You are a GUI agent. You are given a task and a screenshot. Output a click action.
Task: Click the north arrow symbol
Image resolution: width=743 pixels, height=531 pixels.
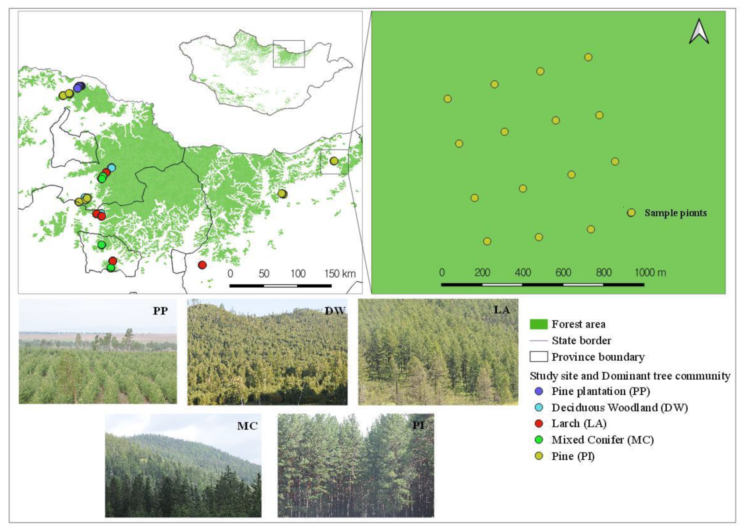[x=699, y=32]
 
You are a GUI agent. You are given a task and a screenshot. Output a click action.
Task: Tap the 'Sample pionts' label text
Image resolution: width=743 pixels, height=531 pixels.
[x=675, y=213]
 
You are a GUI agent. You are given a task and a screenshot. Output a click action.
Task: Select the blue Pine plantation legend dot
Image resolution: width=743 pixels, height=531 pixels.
[x=539, y=391]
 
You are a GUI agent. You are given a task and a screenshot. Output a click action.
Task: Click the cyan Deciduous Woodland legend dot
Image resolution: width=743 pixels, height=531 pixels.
[x=539, y=407]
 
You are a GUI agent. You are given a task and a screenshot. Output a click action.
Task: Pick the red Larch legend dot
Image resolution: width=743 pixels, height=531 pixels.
[x=539, y=423]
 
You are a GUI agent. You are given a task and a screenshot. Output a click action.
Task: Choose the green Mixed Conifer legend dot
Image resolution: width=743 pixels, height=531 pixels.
[x=539, y=440]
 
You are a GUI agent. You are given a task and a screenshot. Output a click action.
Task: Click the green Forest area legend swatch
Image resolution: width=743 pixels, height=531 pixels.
[x=539, y=324]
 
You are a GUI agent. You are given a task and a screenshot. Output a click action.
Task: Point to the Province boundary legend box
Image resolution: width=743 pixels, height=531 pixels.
[x=539, y=357]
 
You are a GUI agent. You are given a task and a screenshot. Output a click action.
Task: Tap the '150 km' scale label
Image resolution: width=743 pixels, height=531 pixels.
[x=340, y=274]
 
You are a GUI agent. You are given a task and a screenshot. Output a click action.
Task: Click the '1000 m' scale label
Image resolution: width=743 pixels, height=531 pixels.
[x=650, y=272]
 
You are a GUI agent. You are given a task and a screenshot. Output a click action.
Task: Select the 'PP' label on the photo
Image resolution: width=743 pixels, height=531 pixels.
[x=160, y=311]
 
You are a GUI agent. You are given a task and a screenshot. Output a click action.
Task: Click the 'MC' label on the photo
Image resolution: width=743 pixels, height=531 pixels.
[x=247, y=426]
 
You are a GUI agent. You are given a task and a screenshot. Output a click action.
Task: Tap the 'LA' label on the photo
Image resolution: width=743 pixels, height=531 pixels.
[x=501, y=310]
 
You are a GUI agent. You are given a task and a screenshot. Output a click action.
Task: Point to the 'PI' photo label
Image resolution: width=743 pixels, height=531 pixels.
[x=418, y=425]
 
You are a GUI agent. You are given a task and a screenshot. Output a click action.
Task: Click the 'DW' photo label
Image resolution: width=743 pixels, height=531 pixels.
[x=335, y=311]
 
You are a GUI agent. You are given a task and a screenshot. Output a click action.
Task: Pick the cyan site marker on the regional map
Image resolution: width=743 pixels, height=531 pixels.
[x=112, y=168]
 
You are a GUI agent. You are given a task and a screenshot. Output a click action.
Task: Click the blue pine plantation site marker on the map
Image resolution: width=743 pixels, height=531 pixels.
[x=78, y=87]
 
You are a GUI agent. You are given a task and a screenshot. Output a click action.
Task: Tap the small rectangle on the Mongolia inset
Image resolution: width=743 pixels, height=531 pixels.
[x=289, y=54]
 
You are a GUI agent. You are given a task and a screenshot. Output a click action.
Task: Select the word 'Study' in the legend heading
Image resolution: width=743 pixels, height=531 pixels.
[x=542, y=376]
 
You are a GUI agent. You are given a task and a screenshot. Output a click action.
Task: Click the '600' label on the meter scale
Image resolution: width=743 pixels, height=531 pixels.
[x=563, y=272]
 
